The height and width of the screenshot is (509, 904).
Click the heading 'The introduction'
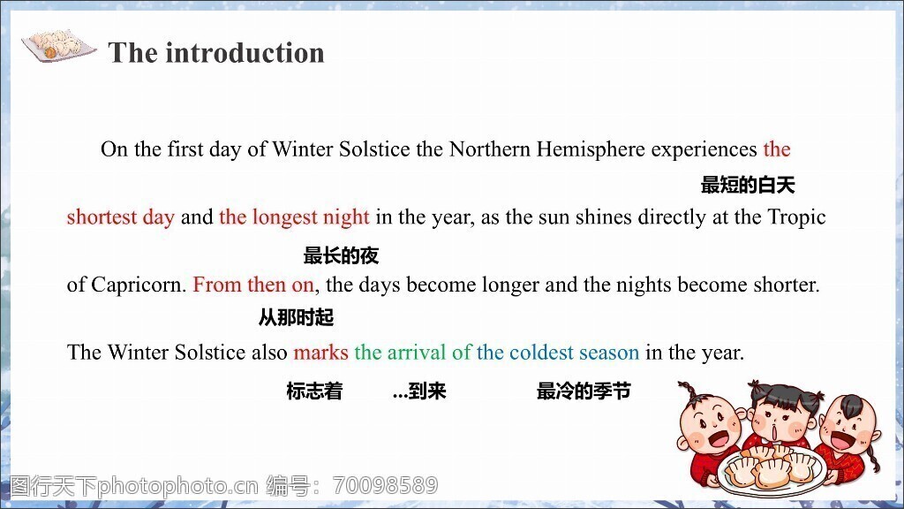coord(216,52)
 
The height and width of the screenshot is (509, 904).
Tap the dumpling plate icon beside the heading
coord(58,45)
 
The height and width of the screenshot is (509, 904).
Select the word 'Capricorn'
coord(138,285)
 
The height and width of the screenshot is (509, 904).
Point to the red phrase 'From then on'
coord(253,285)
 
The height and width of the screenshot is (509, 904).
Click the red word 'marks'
coord(320,352)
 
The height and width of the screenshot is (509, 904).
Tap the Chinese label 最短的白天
coord(748,185)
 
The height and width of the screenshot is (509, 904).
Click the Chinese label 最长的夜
coord(341,255)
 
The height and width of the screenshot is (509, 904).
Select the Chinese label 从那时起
coord(296,317)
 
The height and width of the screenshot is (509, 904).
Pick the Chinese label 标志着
coord(314,391)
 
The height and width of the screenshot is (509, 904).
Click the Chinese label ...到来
coord(419,391)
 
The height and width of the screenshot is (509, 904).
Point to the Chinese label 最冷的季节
coord(584,391)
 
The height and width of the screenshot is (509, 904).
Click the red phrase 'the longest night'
coord(294,217)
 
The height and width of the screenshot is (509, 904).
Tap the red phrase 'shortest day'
coord(120,217)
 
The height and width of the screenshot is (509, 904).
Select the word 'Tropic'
coord(797,217)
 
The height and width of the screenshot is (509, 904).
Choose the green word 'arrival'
coord(417,352)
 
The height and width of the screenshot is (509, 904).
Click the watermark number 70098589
coord(386,485)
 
